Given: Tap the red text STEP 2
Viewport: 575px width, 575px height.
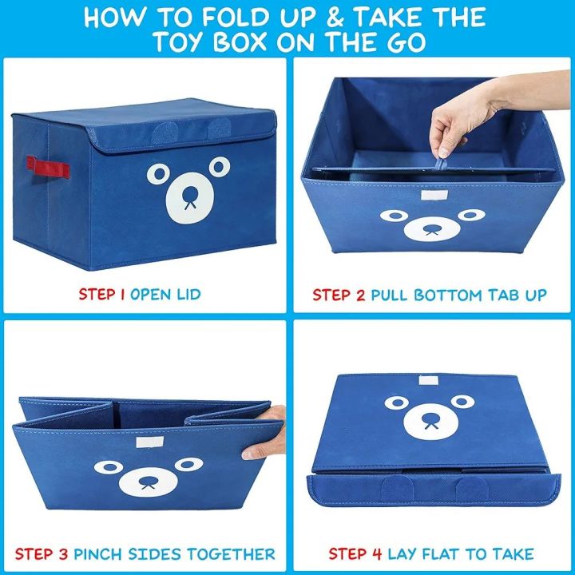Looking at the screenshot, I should [339, 295].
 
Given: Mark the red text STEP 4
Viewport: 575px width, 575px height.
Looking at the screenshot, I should [355, 553].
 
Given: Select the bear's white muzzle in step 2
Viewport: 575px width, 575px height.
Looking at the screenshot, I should [432, 228].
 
